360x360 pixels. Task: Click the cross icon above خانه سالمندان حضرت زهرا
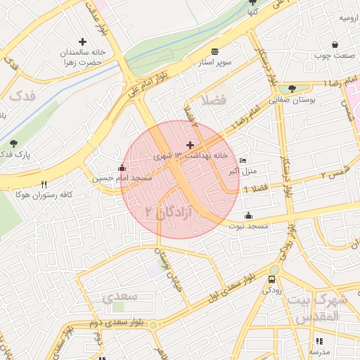83,42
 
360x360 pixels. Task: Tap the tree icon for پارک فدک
13,143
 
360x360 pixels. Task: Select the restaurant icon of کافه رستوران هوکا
44,184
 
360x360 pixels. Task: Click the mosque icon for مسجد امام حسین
122,169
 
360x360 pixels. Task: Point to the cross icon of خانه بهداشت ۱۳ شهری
190,144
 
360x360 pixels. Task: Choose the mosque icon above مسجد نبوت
248,216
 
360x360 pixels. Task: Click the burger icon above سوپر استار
214,51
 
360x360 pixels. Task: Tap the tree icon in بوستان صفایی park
292,89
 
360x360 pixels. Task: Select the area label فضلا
214,100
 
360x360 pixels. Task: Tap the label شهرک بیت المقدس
328,308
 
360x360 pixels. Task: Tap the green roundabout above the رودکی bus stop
274,269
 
